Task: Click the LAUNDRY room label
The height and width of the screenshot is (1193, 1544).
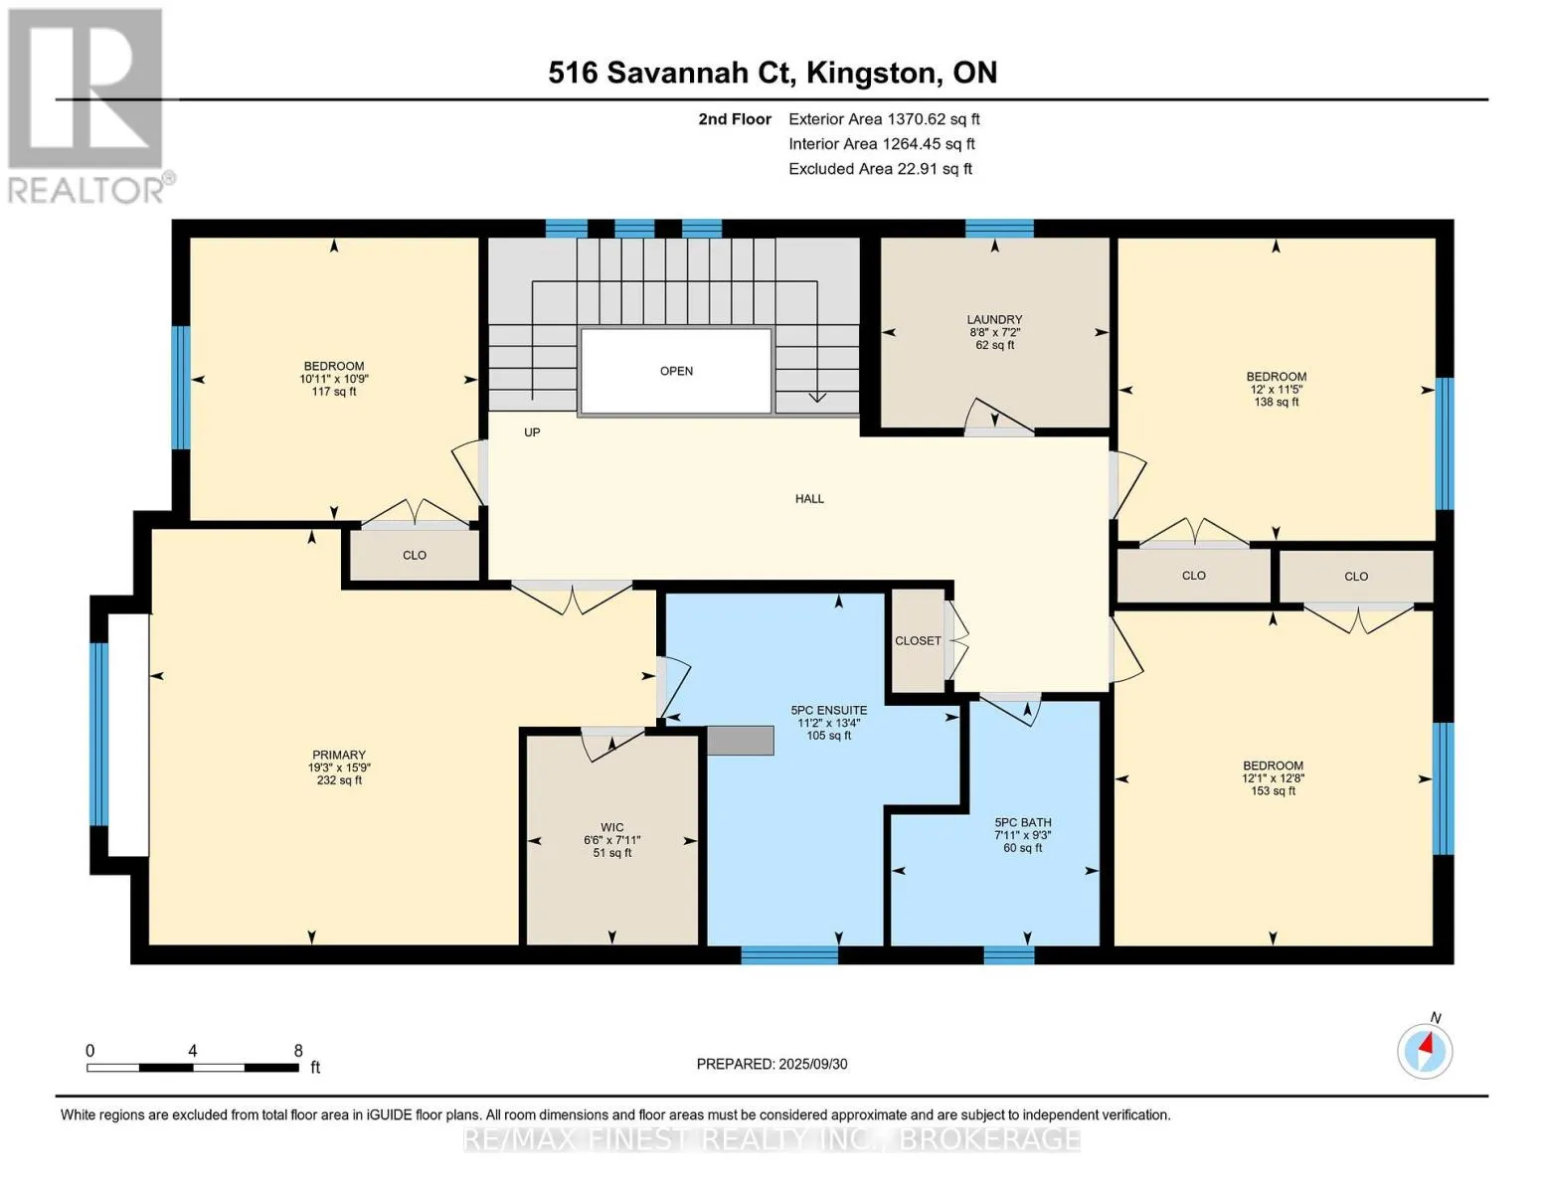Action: click(994, 320)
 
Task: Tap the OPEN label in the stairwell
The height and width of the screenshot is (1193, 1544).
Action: click(676, 371)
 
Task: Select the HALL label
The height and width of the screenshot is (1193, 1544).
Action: click(809, 499)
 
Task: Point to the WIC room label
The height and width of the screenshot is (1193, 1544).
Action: click(611, 827)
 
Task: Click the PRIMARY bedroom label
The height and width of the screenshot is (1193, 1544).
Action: click(339, 755)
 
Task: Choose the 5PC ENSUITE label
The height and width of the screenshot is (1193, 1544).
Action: click(828, 710)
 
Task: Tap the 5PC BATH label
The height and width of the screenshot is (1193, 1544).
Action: click(1022, 822)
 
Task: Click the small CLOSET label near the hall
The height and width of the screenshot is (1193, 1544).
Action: click(918, 641)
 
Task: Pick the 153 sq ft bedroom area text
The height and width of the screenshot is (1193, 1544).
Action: click(1273, 790)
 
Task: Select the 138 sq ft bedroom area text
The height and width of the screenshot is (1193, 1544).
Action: click(1277, 402)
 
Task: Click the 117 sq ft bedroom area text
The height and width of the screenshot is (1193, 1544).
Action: click(334, 392)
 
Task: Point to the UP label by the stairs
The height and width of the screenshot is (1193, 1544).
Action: click(532, 432)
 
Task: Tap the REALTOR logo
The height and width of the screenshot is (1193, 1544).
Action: click(88, 106)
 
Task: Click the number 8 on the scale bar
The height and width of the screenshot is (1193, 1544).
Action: click(298, 1050)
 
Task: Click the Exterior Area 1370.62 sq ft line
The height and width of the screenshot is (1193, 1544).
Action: click(884, 119)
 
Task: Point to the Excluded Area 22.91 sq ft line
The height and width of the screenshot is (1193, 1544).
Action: click(880, 169)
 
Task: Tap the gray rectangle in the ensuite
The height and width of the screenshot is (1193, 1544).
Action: click(740, 740)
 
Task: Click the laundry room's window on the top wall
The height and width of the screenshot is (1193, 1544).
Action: click(999, 228)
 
